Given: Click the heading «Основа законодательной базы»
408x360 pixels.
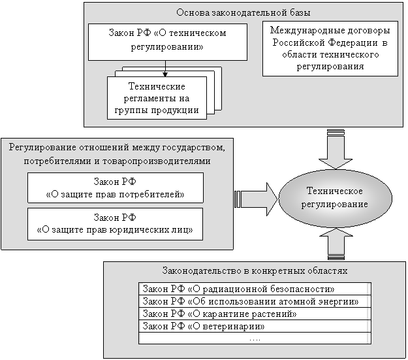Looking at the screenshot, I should pyautogui.click(x=243, y=12).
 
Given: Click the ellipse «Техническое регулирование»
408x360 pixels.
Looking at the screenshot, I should pyautogui.click(x=334, y=197).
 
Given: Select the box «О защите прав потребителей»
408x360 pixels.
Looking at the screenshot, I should pyautogui.click(x=115, y=188).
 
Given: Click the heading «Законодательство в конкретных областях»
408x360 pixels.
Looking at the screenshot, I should pyautogui.click(x=253, y=270).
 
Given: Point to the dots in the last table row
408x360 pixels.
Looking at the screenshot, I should pyautogui.click(x=254, y=338).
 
